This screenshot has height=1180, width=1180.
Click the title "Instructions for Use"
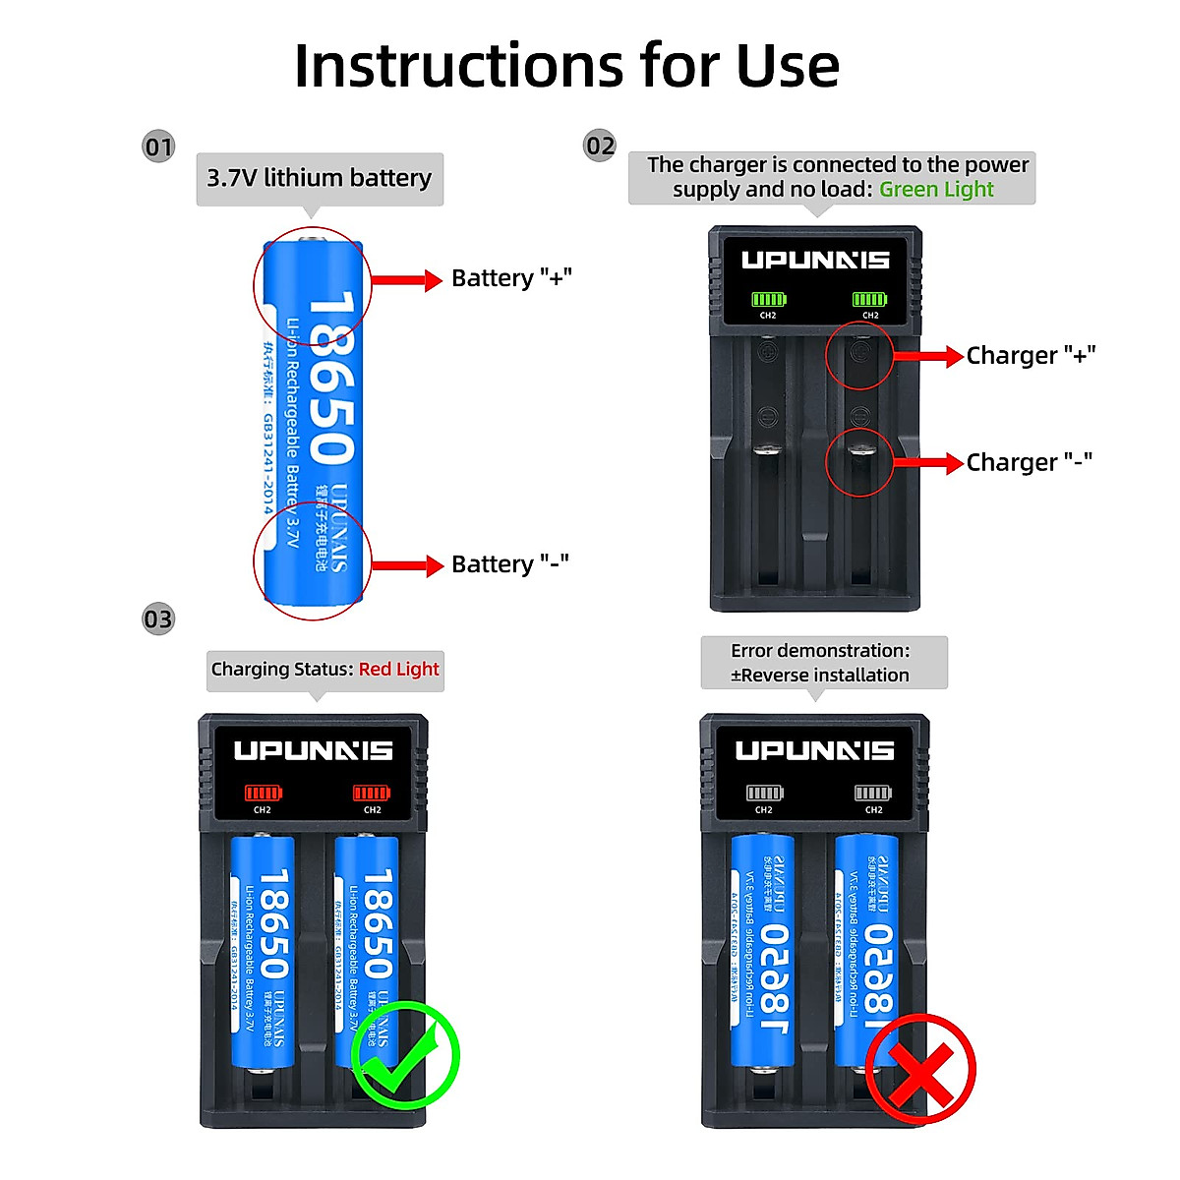[566, 66]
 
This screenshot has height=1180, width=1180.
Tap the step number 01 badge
[158, 147]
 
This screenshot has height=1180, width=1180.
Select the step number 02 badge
[600, 147]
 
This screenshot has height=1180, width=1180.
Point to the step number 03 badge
[158, 619]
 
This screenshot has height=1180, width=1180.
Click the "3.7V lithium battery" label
[320, 178]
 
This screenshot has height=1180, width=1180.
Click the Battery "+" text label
[511, 278]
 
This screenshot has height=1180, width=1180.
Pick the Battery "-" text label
[509, 564]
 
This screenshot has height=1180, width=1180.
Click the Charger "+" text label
[1031, 356]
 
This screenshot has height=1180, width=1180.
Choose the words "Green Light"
[936, 190]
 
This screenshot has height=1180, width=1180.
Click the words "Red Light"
[398, 670]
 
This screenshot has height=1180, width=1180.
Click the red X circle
[920, 1070]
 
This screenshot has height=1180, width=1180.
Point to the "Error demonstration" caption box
[823, 663]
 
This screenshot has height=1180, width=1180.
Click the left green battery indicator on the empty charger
[769, 300]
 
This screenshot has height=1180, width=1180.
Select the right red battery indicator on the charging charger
[372, 794]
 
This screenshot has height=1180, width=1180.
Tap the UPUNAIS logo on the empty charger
[815, 261]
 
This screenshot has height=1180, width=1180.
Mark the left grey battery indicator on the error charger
[764, 794]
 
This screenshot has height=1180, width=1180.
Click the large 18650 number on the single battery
[330, 379]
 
